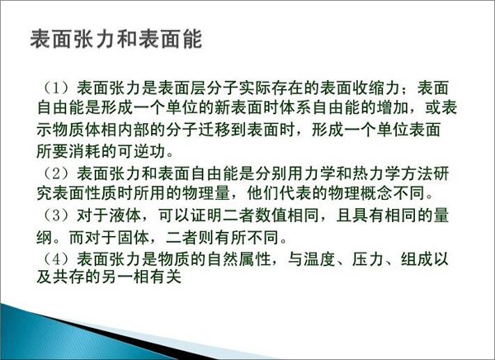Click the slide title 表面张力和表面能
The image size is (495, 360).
115,39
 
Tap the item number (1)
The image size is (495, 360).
56,88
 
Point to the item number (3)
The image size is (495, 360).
56,216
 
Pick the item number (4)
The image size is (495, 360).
56,259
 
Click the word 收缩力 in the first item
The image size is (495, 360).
376,88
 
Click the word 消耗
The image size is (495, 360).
85,151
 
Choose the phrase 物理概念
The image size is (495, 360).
361,193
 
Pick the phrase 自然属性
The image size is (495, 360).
239,259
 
